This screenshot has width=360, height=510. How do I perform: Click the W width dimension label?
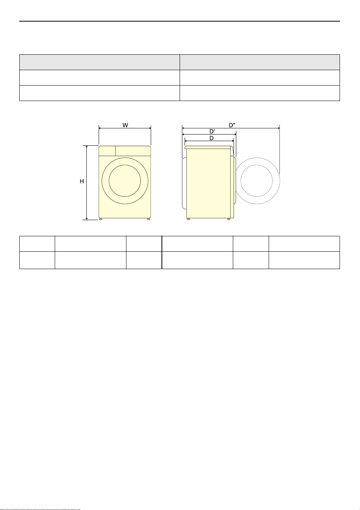[125, 125]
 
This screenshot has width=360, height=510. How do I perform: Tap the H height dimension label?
[82, 181]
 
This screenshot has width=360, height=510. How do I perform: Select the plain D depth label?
[212, 138]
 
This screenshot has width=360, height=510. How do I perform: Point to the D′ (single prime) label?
[212, 131]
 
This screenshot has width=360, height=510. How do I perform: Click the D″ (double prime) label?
[232, 125]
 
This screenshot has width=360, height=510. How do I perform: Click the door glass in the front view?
[125, 181]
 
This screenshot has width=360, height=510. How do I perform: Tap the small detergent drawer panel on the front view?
[107, 151]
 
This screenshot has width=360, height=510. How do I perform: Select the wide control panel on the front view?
[133, 151]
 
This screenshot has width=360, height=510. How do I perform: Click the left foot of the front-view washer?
[101, 219]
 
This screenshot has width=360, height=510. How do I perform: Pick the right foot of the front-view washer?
[149, 219]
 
